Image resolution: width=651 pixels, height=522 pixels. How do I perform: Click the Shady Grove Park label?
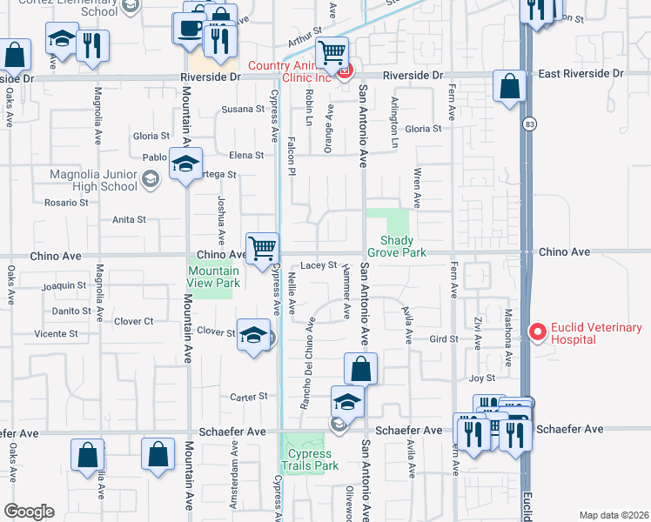pyautogui.click(x=396, y=246)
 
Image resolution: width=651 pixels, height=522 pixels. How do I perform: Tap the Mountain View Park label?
pyautogui.click(x=213, y=277)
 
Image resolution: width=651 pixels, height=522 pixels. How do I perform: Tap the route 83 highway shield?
pyautogui.click(x=529, y=125)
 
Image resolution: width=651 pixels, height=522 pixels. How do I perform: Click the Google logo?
pyautogui.click(x=29, y=512)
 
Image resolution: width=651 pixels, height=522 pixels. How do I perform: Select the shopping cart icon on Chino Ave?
pyautogui.click(x=262, y=248)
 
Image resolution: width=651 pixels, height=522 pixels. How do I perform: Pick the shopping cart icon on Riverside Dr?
pyautogui.click(x=332, y=54)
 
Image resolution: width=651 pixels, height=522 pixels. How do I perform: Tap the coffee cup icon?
pyautogui.click(x=190, y=27)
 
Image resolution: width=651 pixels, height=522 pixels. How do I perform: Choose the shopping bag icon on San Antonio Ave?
pyautogui.click(x=359, y=369)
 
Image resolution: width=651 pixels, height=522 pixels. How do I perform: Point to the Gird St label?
pyautogui.click(x=444, y=338)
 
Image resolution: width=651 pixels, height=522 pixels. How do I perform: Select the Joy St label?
pyautogui.click(x=481, y=378)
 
